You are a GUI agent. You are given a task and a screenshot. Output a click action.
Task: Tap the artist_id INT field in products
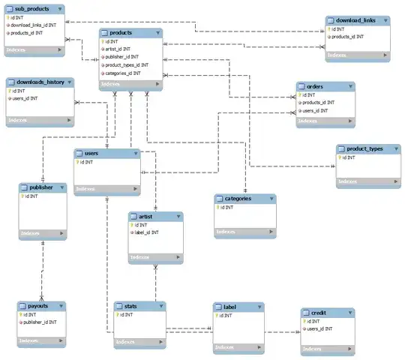point(122,49)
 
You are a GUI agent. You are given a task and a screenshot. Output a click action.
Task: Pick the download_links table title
point(356,20)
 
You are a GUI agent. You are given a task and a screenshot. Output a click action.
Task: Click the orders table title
point(309,87)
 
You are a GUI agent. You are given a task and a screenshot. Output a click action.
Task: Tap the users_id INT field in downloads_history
point(26,98)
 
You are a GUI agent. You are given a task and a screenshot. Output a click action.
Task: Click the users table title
point(91,153)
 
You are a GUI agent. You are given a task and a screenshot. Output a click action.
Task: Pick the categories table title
point(238,199)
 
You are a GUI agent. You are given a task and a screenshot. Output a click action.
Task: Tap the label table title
point(229,307)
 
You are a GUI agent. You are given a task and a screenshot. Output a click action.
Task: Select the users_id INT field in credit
point(322,328)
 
